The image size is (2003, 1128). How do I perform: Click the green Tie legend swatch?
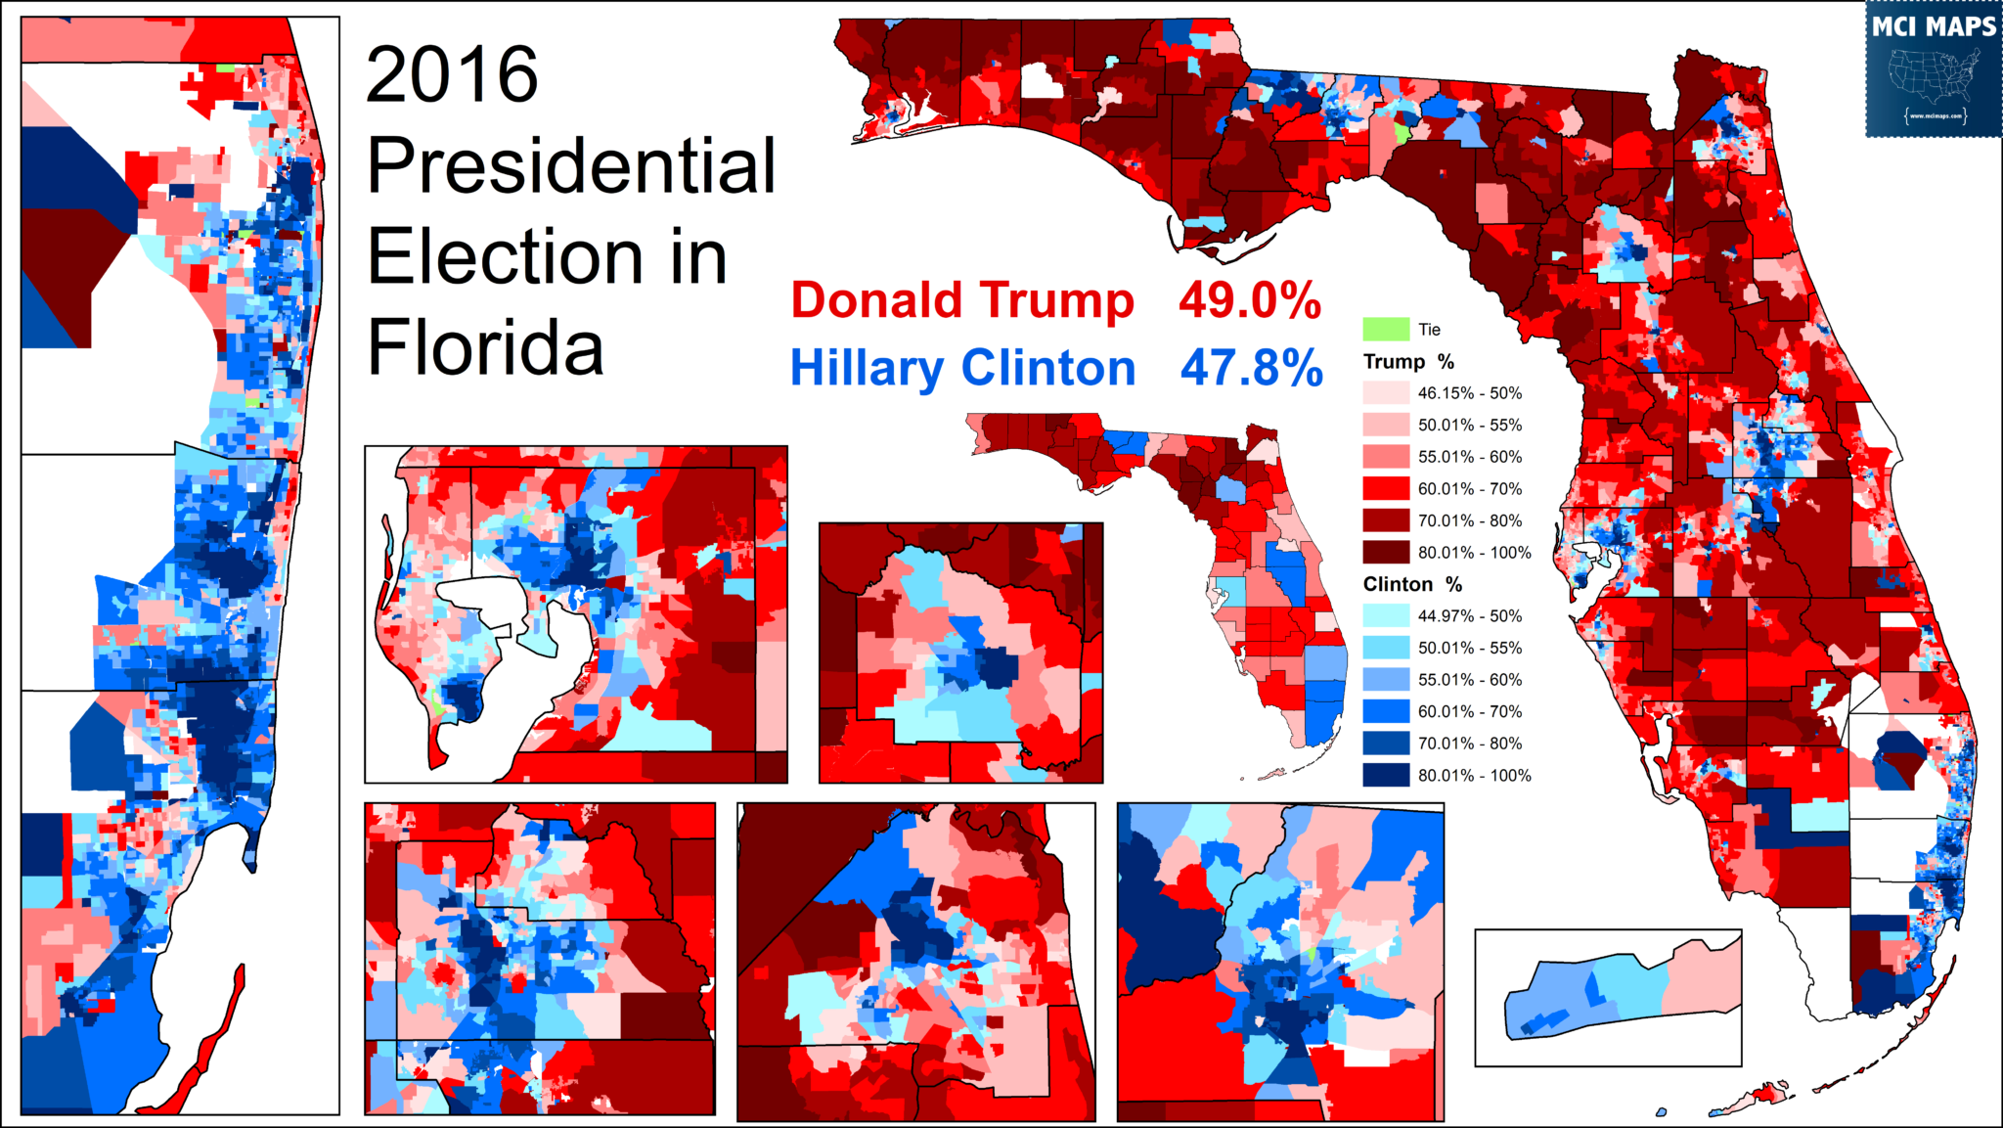coord(1386,329)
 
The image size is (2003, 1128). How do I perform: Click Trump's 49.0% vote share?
coord(1249,300)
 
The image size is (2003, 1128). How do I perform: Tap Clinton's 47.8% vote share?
coord(1251,369)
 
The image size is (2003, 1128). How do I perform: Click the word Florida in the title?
coord(485,347)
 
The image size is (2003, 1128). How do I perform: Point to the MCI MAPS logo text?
coord(1933,26)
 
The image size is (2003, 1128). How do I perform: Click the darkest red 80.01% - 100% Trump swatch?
coord(1386,553)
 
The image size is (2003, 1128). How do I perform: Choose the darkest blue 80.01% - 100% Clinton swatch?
coord(1386,776)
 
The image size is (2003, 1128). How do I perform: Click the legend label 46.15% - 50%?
coord(1469,393)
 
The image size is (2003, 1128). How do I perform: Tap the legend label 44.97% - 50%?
coord(1469,616)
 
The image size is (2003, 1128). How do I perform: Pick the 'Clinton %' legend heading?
coord(1412,585)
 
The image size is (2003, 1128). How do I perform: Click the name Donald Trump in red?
coord(962,300)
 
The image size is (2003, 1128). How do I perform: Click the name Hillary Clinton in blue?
coord(962,369)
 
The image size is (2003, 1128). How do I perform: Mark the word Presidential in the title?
coord(571,166)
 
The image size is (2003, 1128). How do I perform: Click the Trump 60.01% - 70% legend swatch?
coord(1386,489)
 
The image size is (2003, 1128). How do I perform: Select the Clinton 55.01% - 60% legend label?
coord(1469,680)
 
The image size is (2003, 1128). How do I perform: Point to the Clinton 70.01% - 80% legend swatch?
coord(1386,744)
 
